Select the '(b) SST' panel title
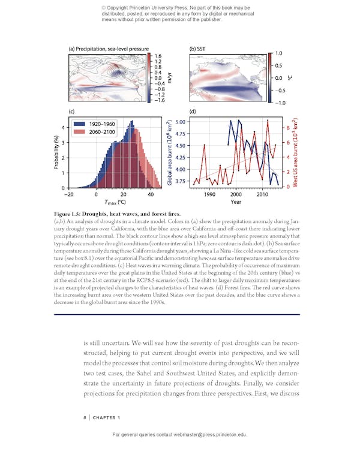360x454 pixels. (x=199, y=49)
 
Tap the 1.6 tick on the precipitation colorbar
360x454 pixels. (x=158, y=55)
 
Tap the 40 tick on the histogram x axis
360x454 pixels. (x=150, y=195)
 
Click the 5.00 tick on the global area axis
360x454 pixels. (x=181, y=122)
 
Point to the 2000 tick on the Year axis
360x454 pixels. (x=236, y=195)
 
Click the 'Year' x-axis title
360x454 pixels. (x=236, y=203)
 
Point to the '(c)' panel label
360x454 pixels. (x=72, y=112)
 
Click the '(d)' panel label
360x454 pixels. (x=193, y=112)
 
